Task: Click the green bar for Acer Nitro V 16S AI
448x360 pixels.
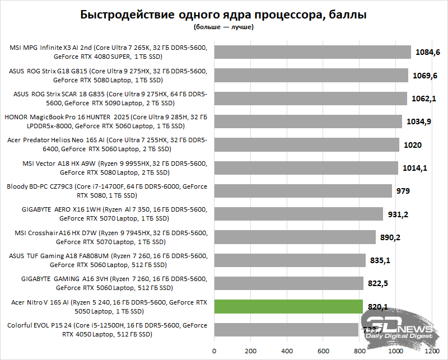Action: [x=288, y=306]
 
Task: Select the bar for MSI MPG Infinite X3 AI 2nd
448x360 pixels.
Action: [x=312, y=52]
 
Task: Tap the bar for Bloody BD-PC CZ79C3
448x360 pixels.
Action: [x=303, y=191]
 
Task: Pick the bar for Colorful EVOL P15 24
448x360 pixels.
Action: [x=286, y=330]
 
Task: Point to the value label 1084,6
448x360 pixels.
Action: [x=428, y=52]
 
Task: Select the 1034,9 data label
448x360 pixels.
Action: [x=419, y=121]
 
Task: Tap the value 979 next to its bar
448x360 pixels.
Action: [x=402, y=191]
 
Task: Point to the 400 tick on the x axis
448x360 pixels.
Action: [x=287, y=351]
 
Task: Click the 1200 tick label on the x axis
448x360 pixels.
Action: [x=432, y=351]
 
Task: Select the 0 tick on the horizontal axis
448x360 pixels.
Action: [x=214, y=351]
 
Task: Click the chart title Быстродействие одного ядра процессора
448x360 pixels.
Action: [x=224, y=15]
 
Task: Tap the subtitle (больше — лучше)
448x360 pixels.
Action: [x=224, y=27]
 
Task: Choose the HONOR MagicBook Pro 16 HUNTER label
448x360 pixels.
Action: [x=106, y=121]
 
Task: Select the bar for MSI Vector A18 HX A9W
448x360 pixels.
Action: [x=306, y=168]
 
